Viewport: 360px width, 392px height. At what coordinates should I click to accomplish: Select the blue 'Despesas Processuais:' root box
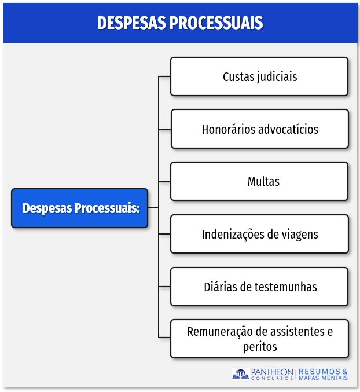80,208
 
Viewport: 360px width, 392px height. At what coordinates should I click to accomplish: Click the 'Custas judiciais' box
259,76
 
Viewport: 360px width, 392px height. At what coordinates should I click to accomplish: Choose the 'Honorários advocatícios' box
259,129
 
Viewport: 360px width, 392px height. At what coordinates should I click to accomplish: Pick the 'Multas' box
259,182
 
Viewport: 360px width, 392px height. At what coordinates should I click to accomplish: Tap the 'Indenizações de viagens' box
259,235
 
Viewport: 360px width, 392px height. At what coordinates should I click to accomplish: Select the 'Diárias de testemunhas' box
259,287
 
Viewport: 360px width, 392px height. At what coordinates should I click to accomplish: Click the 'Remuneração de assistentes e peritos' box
259,339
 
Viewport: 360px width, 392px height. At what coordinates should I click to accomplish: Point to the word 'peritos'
260,347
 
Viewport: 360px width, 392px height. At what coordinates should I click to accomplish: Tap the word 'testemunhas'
285,287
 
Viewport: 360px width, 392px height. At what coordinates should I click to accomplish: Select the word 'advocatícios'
288,129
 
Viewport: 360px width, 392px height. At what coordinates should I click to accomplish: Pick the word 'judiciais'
276,76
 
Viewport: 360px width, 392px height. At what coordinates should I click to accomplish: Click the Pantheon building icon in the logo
240,374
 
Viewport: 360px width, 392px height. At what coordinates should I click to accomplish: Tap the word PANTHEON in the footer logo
272,372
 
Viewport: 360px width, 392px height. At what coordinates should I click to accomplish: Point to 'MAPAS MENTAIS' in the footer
324,378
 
